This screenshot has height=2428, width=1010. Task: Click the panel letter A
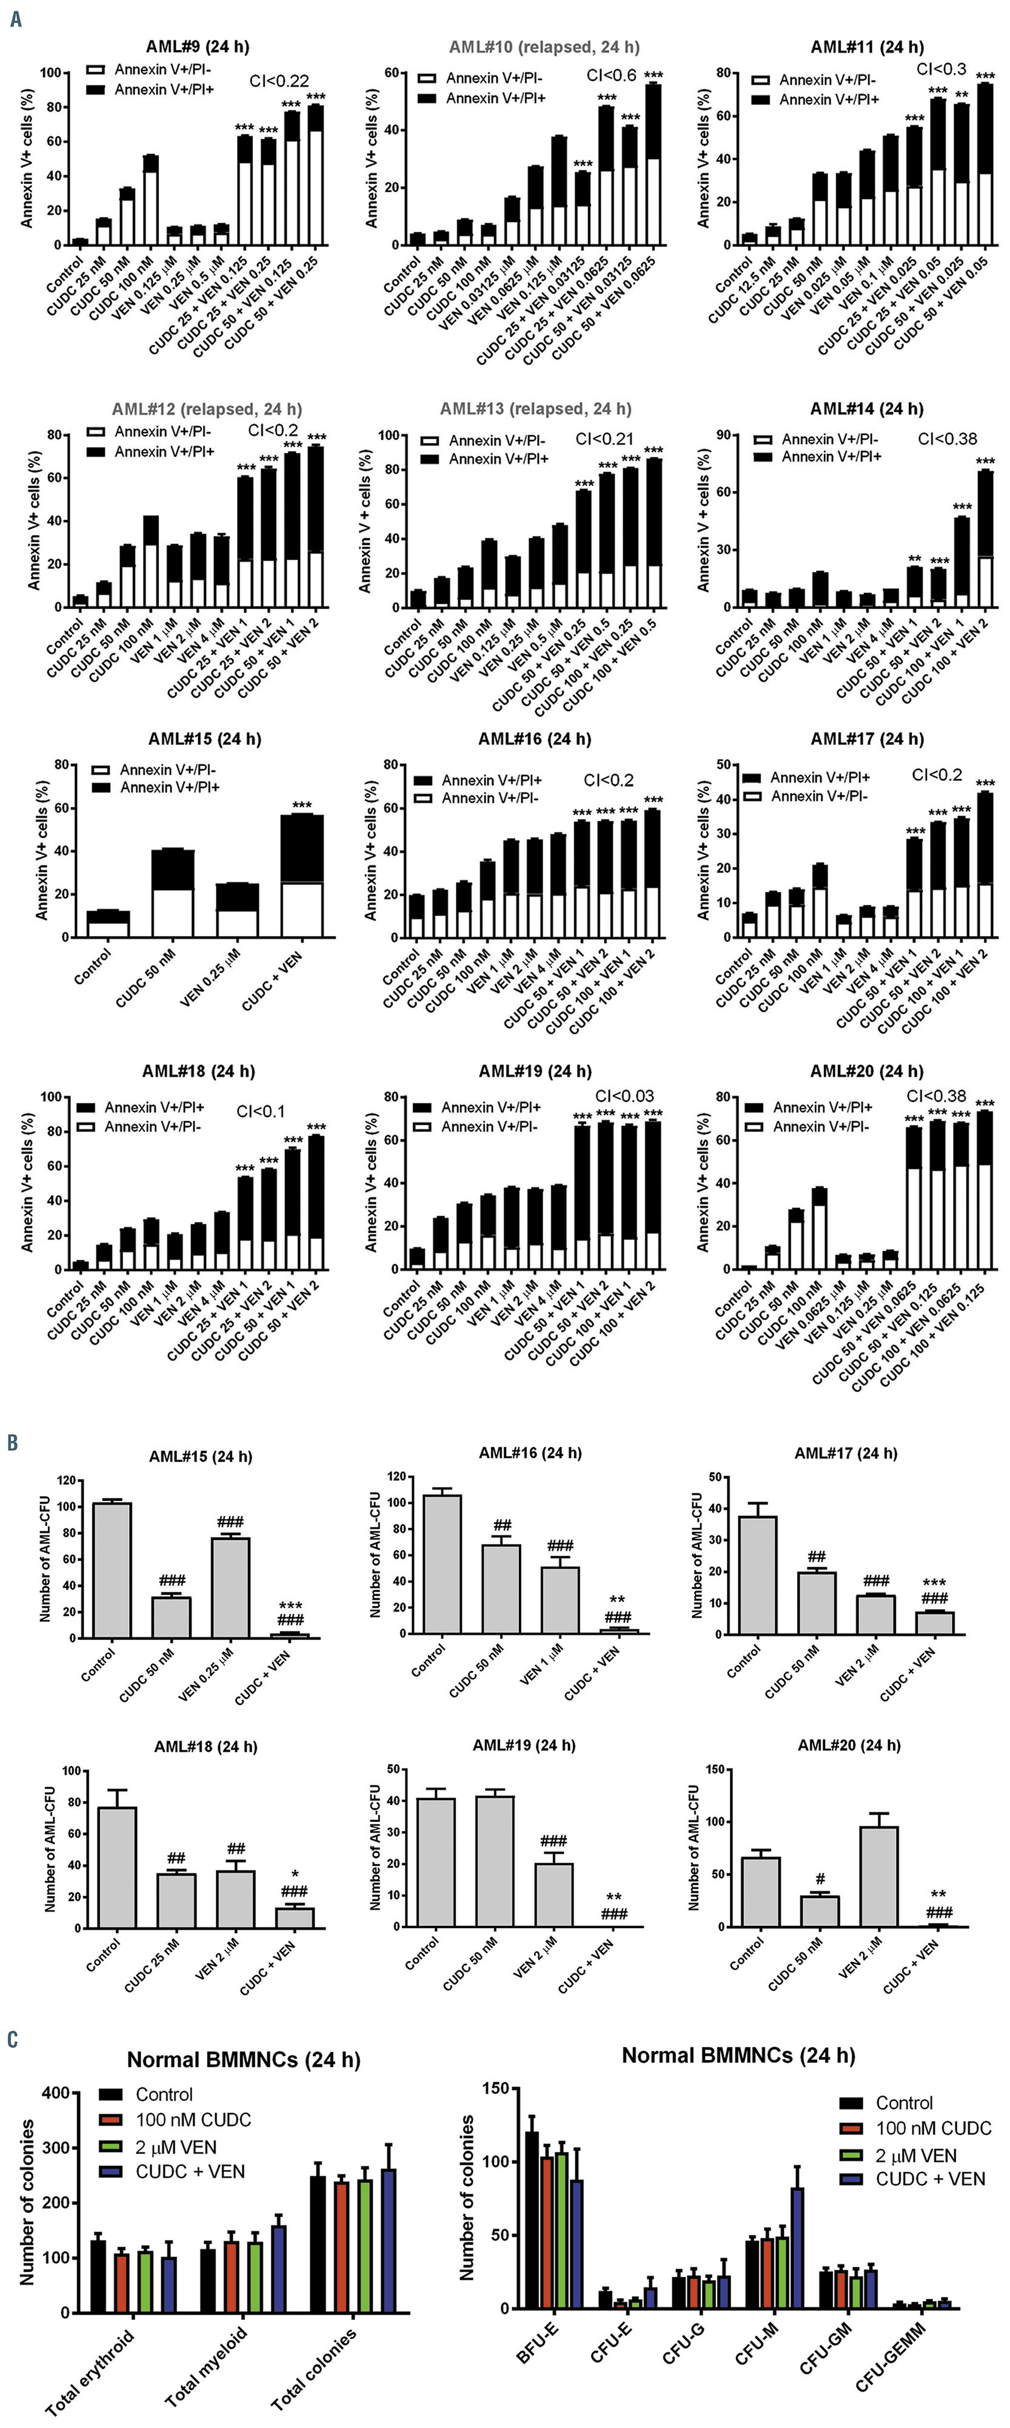15,18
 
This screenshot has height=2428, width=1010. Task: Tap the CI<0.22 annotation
279,82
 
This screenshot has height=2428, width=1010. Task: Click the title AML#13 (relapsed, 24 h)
535,409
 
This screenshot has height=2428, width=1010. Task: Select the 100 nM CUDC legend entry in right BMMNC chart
933,2128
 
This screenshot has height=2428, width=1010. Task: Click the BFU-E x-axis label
538,2344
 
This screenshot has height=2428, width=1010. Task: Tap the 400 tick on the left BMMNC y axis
56,2093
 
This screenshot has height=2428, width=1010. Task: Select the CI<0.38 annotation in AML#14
947,439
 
